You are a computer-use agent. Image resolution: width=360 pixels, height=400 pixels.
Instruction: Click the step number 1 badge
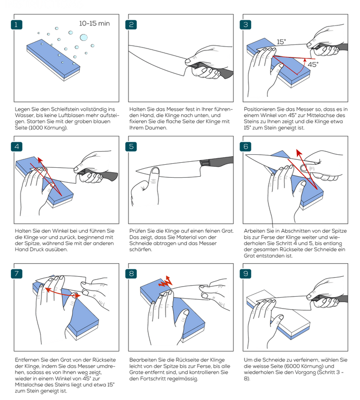coord(16,24)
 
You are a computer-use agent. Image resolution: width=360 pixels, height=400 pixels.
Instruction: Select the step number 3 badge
coord(246,24)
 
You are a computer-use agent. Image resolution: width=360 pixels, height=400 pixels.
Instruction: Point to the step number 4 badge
coord(16,147)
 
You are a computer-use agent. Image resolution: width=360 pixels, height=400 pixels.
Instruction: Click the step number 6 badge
coord(246,147)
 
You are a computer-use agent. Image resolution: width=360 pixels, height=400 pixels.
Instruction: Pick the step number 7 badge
coord(16,274)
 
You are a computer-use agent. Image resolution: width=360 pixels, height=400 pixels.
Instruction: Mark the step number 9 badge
coord(246,274)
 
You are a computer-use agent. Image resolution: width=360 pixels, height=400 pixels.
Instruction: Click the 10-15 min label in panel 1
coord(94,23)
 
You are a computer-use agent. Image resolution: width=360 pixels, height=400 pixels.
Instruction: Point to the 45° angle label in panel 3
coord(312,64)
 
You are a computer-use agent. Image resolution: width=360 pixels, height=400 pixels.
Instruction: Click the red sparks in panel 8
coord(164,282)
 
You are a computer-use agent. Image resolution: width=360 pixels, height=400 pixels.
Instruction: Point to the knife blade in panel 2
coord(160,57)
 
